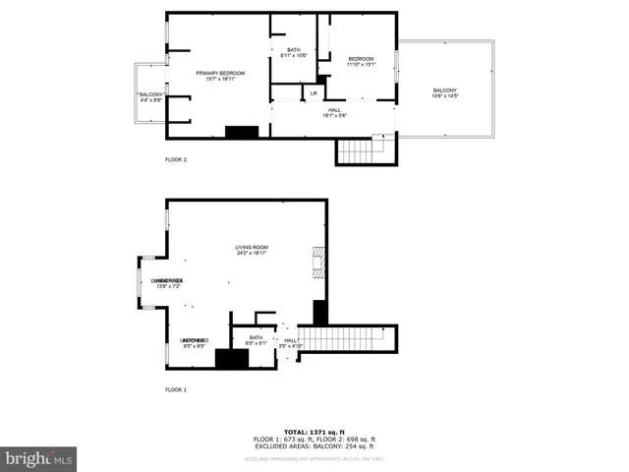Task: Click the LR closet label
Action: click(313, 93)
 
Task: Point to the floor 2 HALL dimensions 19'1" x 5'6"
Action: click(334, 116)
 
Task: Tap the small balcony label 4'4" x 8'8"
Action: click(151, 99)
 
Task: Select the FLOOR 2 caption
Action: click(175, 158)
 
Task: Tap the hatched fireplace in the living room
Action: click(317, 263)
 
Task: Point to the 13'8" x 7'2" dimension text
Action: click(167, 286)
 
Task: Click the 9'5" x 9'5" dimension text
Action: click(193, 346)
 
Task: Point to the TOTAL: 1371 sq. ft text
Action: click(314, 432)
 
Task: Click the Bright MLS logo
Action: click(38, 458)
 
